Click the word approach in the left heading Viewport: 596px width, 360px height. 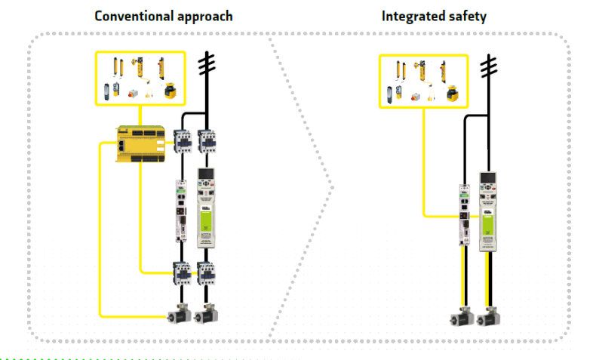click(203, 16)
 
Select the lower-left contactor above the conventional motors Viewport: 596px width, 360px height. click(182, 272)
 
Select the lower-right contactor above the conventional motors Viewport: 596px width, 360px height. click(206, 272)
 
